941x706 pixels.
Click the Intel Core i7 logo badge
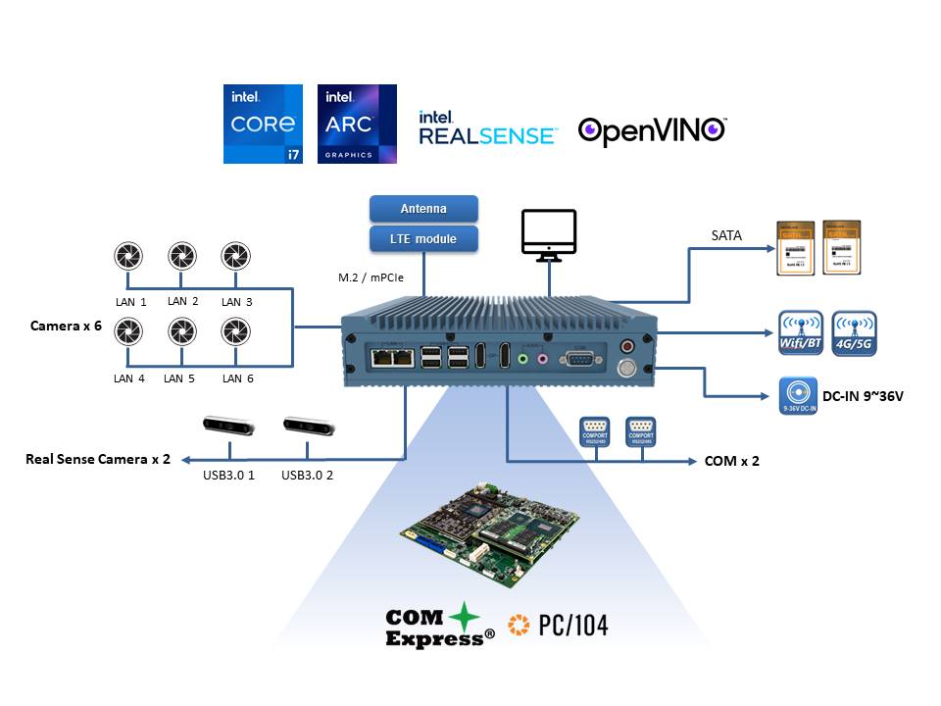click(264, 124)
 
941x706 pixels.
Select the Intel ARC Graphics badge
click(357, 124)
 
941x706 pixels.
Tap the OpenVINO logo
click(652, 130)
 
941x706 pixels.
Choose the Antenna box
click(423, 209)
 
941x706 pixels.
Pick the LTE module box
click(423, 238)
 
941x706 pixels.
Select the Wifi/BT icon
click(800, 333)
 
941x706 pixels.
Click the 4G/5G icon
click(854, 333)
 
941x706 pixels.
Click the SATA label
click(726, 235)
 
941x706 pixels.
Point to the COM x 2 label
click(731, 460)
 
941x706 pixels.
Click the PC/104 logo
click(558, 624)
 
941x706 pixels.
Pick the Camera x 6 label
click(66, 326)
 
